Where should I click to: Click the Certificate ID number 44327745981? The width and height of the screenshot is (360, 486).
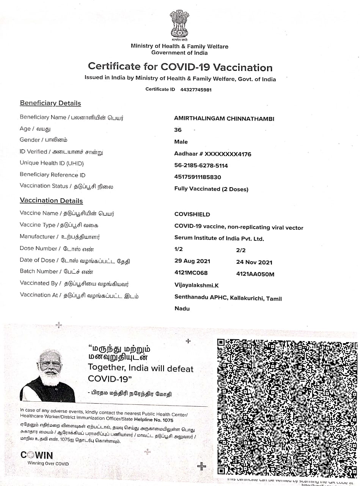click(196, 90)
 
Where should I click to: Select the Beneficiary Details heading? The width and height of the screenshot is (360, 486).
click(50, 103)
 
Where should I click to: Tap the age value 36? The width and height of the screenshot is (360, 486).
click(178, 130)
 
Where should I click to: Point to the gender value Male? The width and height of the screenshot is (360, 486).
click(181, 142)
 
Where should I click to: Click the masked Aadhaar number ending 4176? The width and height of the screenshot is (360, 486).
click(212, 154)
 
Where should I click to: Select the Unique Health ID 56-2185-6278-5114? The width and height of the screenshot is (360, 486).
click(201, 166)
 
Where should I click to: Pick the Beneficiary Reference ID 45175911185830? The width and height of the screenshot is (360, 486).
click(197, 177)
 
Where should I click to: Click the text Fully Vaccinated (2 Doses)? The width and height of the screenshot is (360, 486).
click(211, 189)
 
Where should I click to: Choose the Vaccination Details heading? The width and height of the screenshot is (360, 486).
click(51, 201)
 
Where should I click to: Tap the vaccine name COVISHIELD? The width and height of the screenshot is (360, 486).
click(192, 214)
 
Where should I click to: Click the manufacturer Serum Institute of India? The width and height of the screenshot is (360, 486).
click(219, 238)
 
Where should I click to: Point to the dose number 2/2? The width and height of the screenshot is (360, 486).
click(241, 250)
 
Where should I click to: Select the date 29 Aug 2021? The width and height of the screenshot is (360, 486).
click(192, 261)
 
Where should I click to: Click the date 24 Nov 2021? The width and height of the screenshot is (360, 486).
click(254, 262)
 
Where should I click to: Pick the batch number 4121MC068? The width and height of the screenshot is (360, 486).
click(191, 273)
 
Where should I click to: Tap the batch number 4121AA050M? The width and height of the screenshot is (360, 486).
click(255, 274)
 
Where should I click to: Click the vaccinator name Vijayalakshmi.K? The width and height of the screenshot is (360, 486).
click(196, 285)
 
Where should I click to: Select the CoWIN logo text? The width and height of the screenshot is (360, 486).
click(37, 455)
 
